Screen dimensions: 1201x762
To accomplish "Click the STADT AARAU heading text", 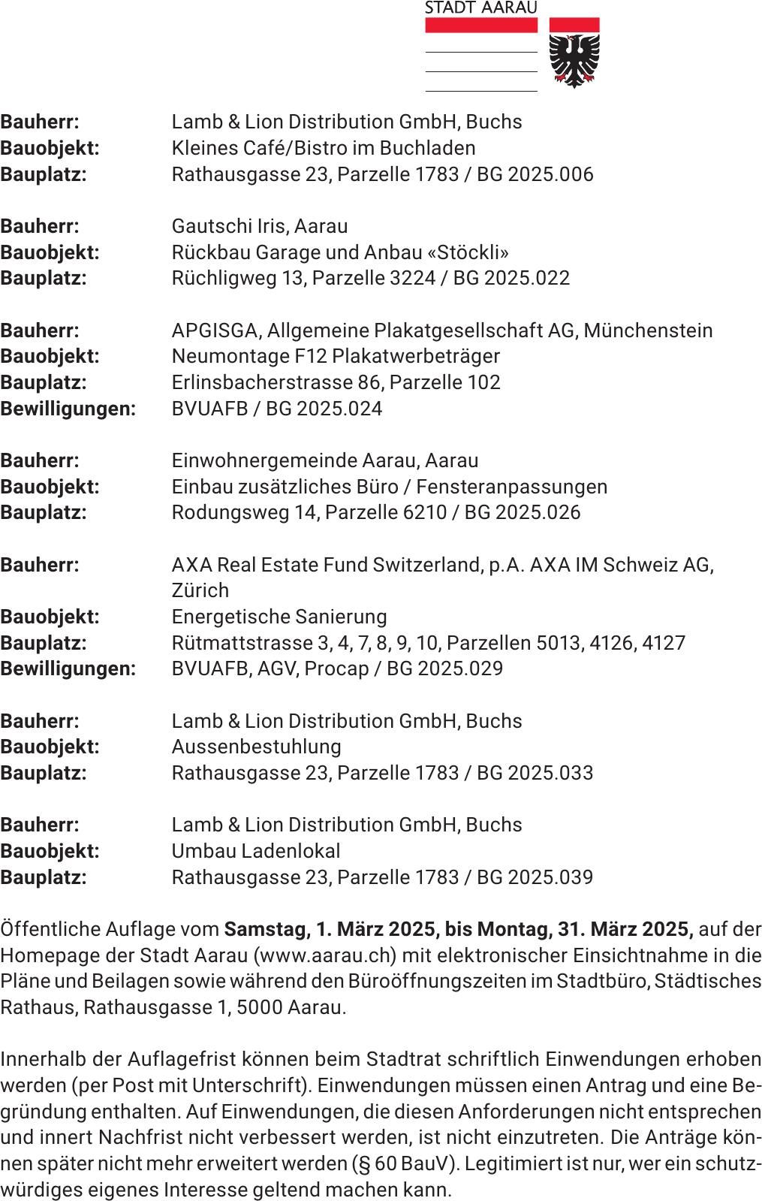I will pos(481,8).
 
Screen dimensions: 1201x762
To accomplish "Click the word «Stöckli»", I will pos(468,252).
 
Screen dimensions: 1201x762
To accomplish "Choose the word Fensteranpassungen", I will pos(511,487).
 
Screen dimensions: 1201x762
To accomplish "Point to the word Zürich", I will pos(200,590).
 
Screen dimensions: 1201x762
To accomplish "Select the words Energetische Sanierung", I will pos(279,617).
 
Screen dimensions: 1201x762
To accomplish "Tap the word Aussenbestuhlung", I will pos(256,747).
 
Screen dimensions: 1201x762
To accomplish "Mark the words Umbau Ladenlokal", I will pos(255,851).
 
